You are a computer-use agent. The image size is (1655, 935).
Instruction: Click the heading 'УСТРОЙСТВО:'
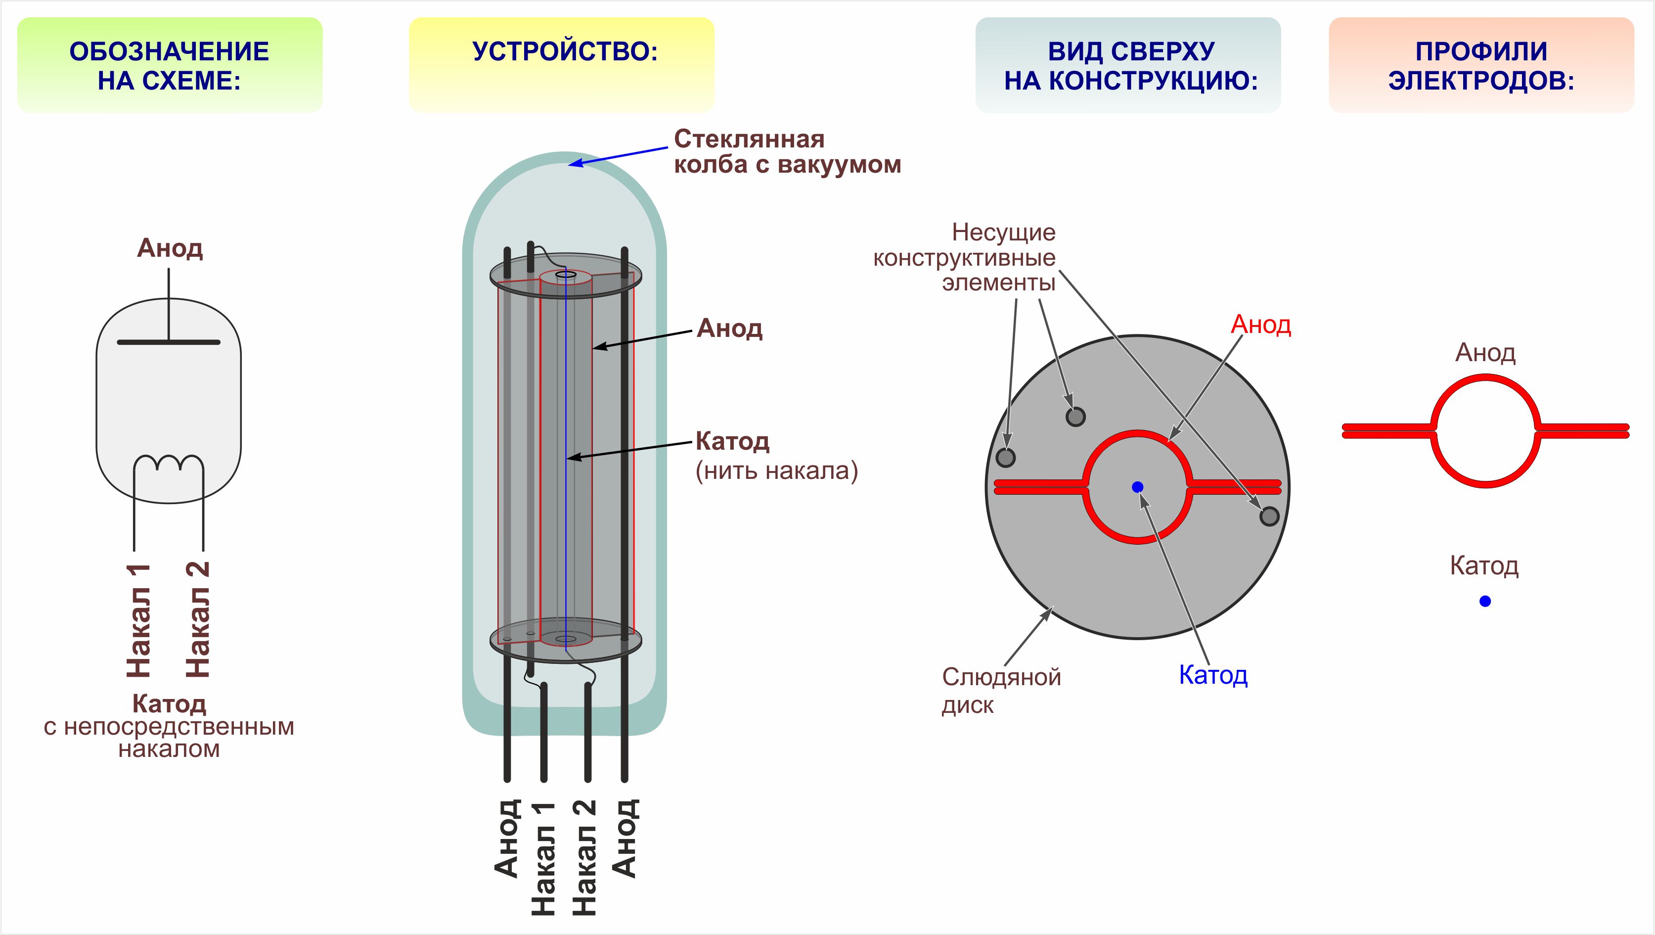565,52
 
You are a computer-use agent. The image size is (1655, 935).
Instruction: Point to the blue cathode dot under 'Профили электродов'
1485,602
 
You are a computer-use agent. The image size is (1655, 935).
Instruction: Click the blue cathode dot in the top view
1137,487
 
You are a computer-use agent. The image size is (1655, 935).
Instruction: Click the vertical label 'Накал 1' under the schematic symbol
138,621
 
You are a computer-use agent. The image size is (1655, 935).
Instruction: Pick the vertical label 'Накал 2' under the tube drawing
584,858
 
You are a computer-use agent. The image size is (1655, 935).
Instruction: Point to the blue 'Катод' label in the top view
1213,675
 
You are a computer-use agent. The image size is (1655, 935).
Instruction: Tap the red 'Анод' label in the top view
1260,325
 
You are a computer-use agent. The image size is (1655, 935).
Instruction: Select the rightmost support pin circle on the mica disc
1269,516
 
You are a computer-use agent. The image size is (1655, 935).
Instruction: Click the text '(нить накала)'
776,471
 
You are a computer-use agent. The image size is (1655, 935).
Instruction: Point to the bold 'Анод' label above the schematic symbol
170,248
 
